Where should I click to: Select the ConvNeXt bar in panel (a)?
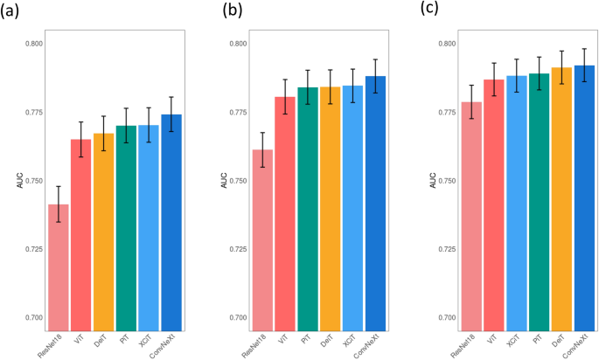coord(171,218)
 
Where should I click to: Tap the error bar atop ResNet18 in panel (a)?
coord(59,204)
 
